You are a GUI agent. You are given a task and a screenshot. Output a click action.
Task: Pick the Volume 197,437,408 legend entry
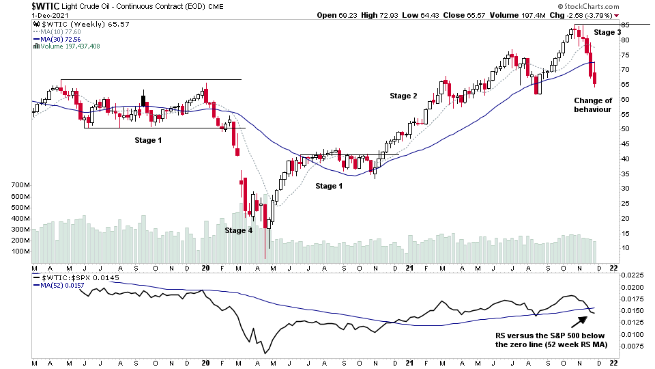tap(70, 46)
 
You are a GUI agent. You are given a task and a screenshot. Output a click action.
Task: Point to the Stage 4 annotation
tap(239, 230)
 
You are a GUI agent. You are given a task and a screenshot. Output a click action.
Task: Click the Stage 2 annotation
tap(403, 96)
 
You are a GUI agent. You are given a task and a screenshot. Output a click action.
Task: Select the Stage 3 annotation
tap(607, 32)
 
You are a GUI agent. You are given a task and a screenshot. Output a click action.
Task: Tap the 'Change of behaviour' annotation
tap(592, 105)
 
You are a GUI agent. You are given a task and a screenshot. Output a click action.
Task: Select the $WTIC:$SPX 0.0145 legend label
tap(70, 279)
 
